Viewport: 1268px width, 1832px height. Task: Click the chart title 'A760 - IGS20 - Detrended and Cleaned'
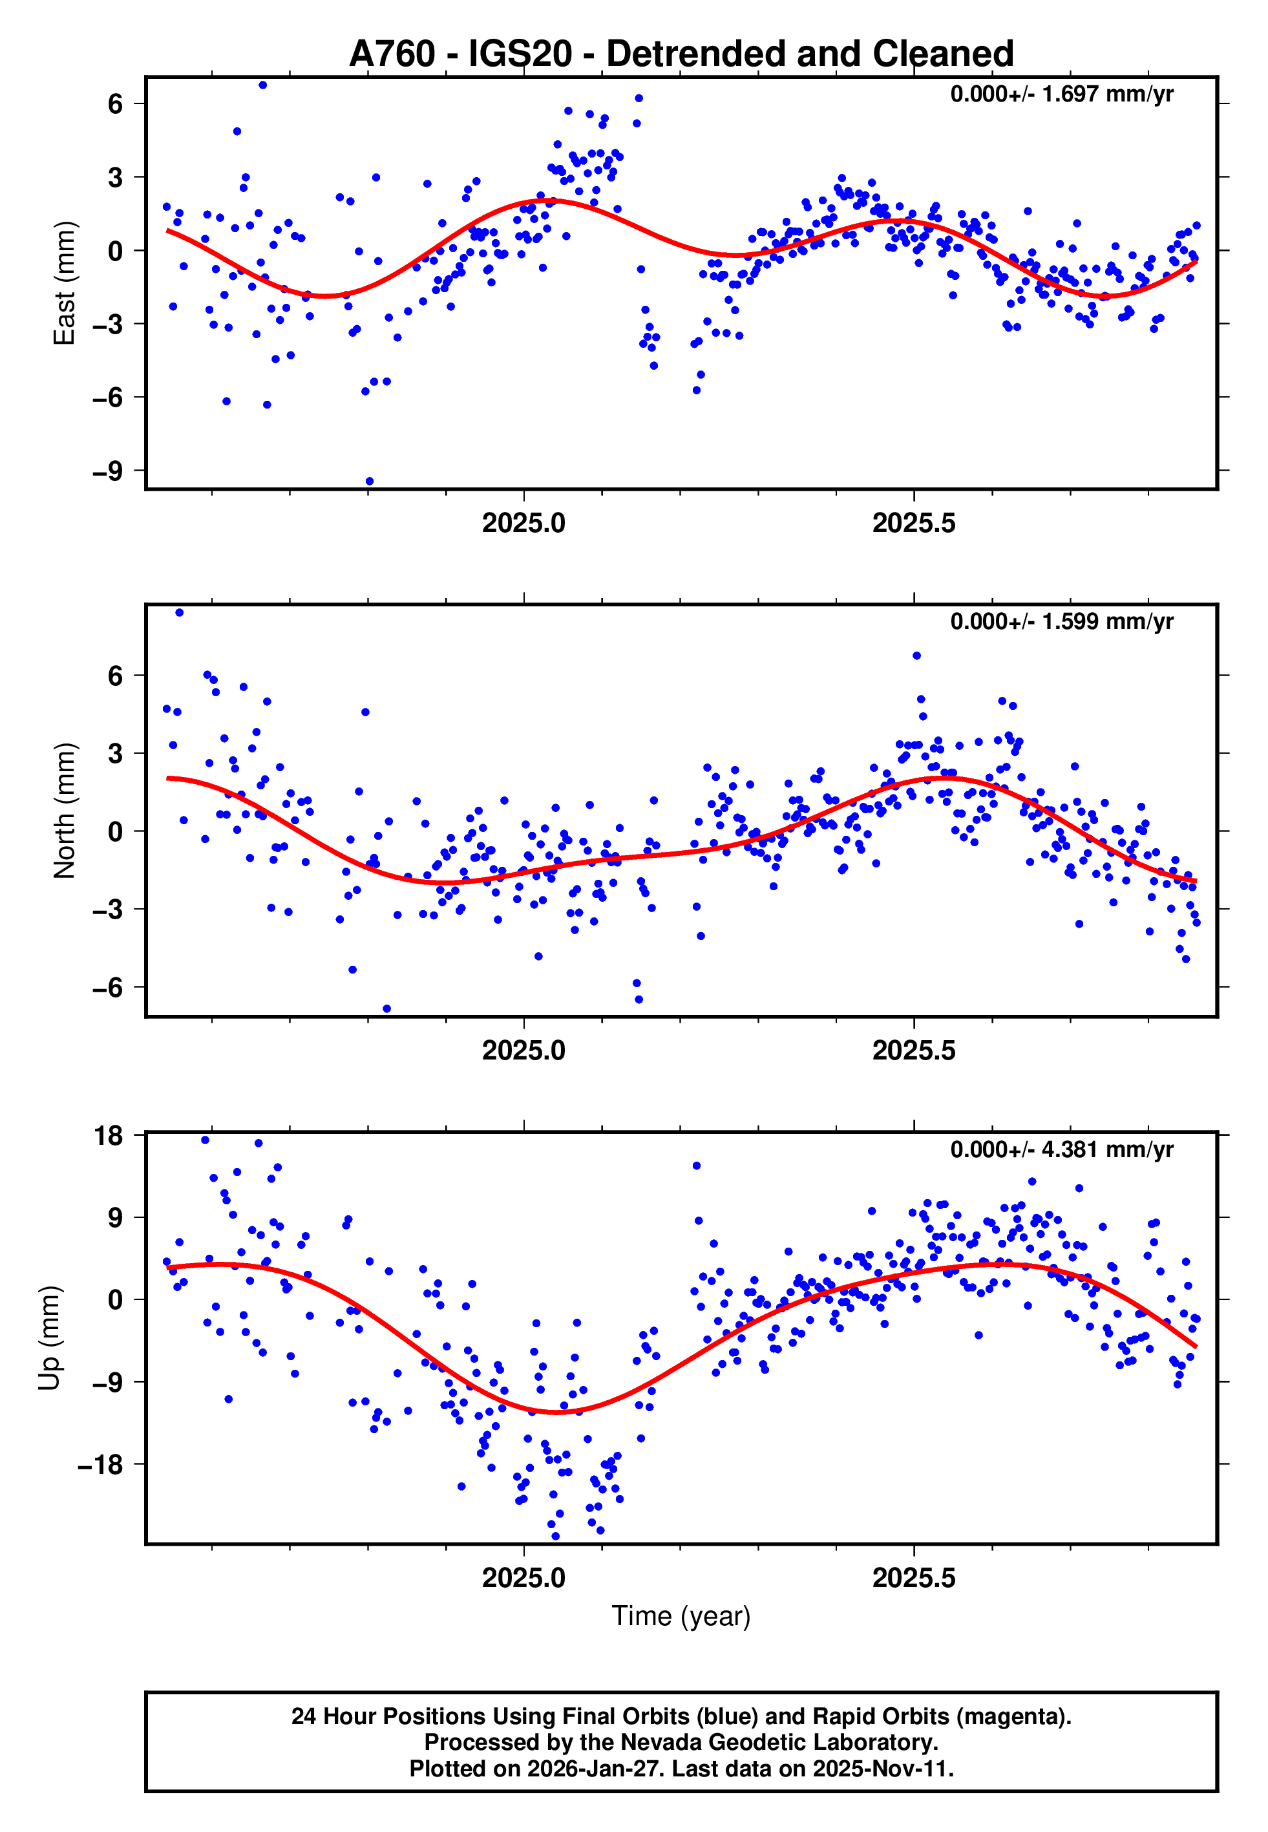681,54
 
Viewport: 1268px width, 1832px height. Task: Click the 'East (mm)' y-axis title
65,283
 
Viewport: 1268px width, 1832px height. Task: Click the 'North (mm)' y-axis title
65,811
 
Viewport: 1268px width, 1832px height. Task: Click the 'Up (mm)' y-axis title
49,1338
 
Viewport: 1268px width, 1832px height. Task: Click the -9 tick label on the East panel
108,471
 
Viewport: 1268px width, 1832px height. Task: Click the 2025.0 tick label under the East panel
523,524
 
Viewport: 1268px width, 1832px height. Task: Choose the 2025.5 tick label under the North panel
914,1051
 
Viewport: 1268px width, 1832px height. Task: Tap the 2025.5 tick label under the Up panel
914,1578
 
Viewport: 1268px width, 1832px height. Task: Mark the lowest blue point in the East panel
370,482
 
